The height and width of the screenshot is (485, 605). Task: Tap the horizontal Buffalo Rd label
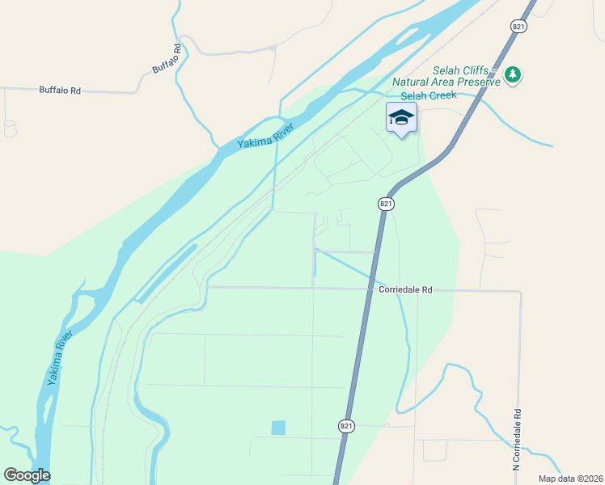click(60, 91)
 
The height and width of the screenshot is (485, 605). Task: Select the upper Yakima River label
click(264, 135)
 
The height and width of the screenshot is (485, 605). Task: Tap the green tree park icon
click(512, 75)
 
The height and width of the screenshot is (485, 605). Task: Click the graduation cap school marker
click(401, 118)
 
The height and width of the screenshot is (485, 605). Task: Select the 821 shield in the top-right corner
click(518, 27)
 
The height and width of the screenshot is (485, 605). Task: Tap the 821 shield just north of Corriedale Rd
click(386, 205)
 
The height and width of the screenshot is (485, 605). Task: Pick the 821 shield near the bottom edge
click(345, 426)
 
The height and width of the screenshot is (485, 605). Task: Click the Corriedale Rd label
click(405, 289)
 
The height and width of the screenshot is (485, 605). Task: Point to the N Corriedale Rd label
click(515, 439)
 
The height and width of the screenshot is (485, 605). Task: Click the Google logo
click(27, 475)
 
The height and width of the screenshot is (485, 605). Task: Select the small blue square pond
click(278, 428)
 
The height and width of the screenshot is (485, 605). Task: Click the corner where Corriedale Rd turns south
click(520, 292)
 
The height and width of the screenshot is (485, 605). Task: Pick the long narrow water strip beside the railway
click(166, 274)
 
